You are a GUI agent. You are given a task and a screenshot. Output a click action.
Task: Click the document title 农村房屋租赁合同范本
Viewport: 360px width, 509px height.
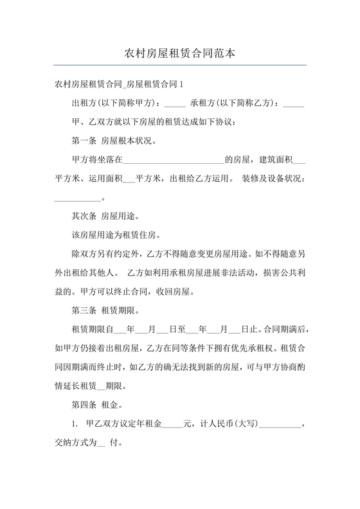pos(180,53)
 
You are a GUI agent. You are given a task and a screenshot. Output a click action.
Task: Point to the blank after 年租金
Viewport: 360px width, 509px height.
pos(173,425)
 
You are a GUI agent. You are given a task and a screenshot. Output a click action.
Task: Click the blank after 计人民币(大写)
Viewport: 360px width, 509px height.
pos(280,425)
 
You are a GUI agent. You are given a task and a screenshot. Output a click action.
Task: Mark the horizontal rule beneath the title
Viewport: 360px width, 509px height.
pos(180,64)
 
